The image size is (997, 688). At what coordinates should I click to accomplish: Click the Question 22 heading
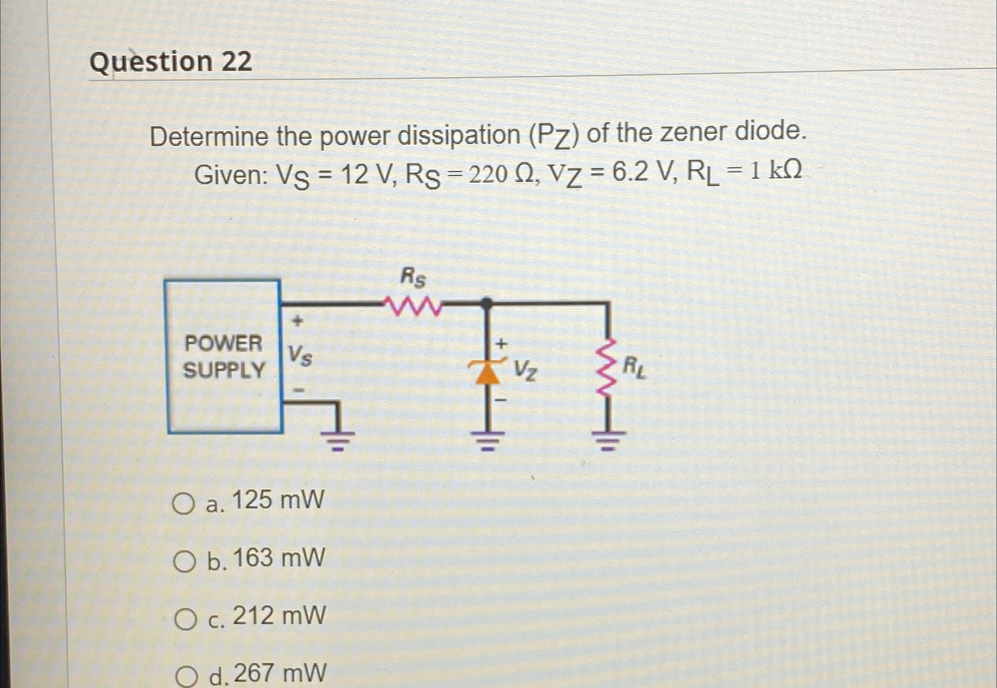pyautogui.click(x=171, y=62)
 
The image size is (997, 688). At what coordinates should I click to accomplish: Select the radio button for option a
pyautogui.click(x=184, y=504)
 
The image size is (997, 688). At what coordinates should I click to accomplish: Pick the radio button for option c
pyautogui.click(x=185, y=620)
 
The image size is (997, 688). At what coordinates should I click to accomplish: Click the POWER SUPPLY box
pyautogui.click(x=223, y=356)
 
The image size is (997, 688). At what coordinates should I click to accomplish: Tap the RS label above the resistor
pyautogui.click(x=413, y=276)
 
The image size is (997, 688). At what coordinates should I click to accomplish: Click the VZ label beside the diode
pyautogui.click(x=526, y=370)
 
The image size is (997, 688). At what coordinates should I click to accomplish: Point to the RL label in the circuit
pyautogui.click(x=634, y=368)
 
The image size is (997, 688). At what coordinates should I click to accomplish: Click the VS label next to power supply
pyautogui.click(x=300, y=356)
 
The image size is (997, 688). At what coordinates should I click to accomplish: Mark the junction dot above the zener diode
pyautogui.click(x=487, y=304)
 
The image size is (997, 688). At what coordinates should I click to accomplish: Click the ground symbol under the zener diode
pyautogui.click(x=487, y=441)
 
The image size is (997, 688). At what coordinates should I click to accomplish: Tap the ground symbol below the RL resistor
pyautogui.click(x=607, y=441)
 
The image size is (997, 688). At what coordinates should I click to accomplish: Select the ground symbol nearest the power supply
pyautogui.click(x=338, y=441)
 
